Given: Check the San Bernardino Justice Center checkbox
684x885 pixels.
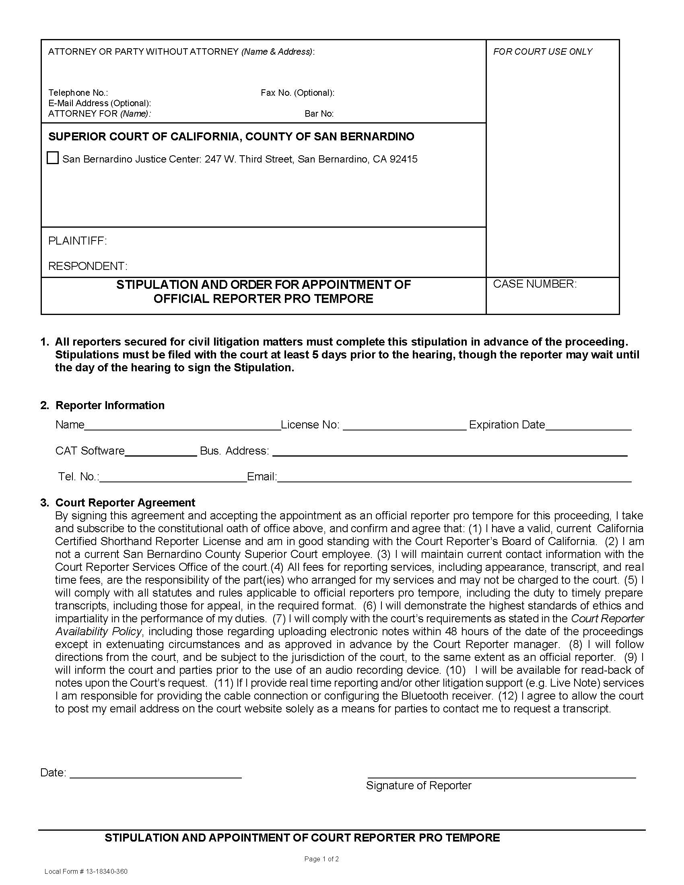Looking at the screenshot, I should click(53, 158).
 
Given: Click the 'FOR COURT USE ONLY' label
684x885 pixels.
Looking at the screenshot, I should click(543, 51).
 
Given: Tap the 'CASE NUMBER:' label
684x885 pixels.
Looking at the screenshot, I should click(534, 284).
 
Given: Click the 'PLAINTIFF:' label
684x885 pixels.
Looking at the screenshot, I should click(77, 241).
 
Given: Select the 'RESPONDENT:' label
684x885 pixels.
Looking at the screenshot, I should click(88, 266).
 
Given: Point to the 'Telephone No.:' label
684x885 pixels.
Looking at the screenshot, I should click(78, 93).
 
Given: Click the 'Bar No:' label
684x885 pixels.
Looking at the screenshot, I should click(319, 114).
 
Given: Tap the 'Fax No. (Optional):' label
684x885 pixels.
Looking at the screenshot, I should click(297, 93).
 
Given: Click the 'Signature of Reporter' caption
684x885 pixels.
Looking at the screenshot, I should click(418, 786).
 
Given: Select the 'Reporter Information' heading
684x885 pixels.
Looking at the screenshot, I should click(110, 405).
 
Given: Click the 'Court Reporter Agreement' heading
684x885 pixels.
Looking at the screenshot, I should click(125, 503).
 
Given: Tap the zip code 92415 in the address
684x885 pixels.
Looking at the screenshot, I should click(403, 159).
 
